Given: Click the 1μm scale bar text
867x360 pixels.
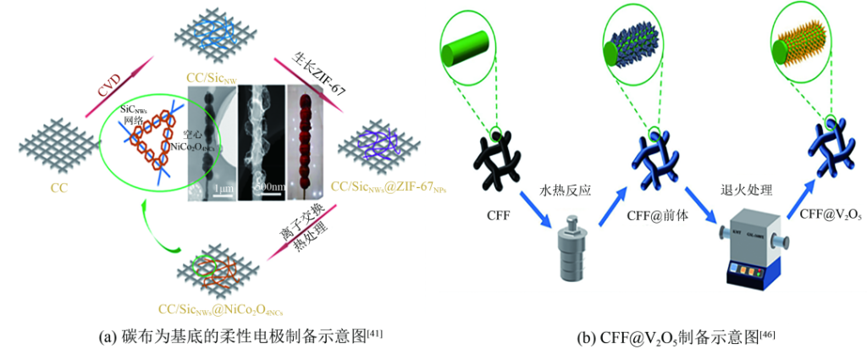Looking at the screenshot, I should [x=223, y=187].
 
